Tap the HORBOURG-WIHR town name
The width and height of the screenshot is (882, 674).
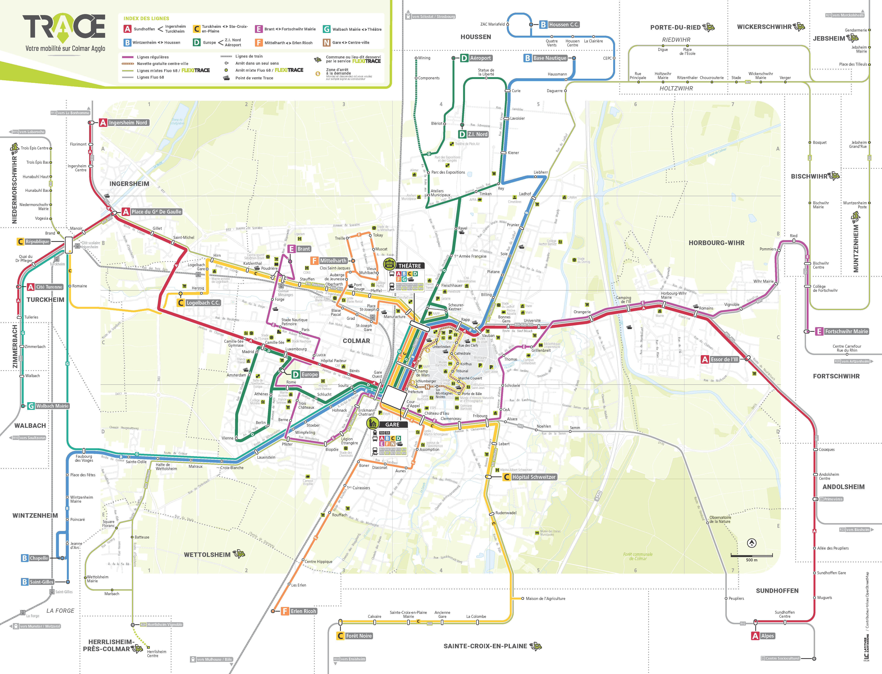716,243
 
